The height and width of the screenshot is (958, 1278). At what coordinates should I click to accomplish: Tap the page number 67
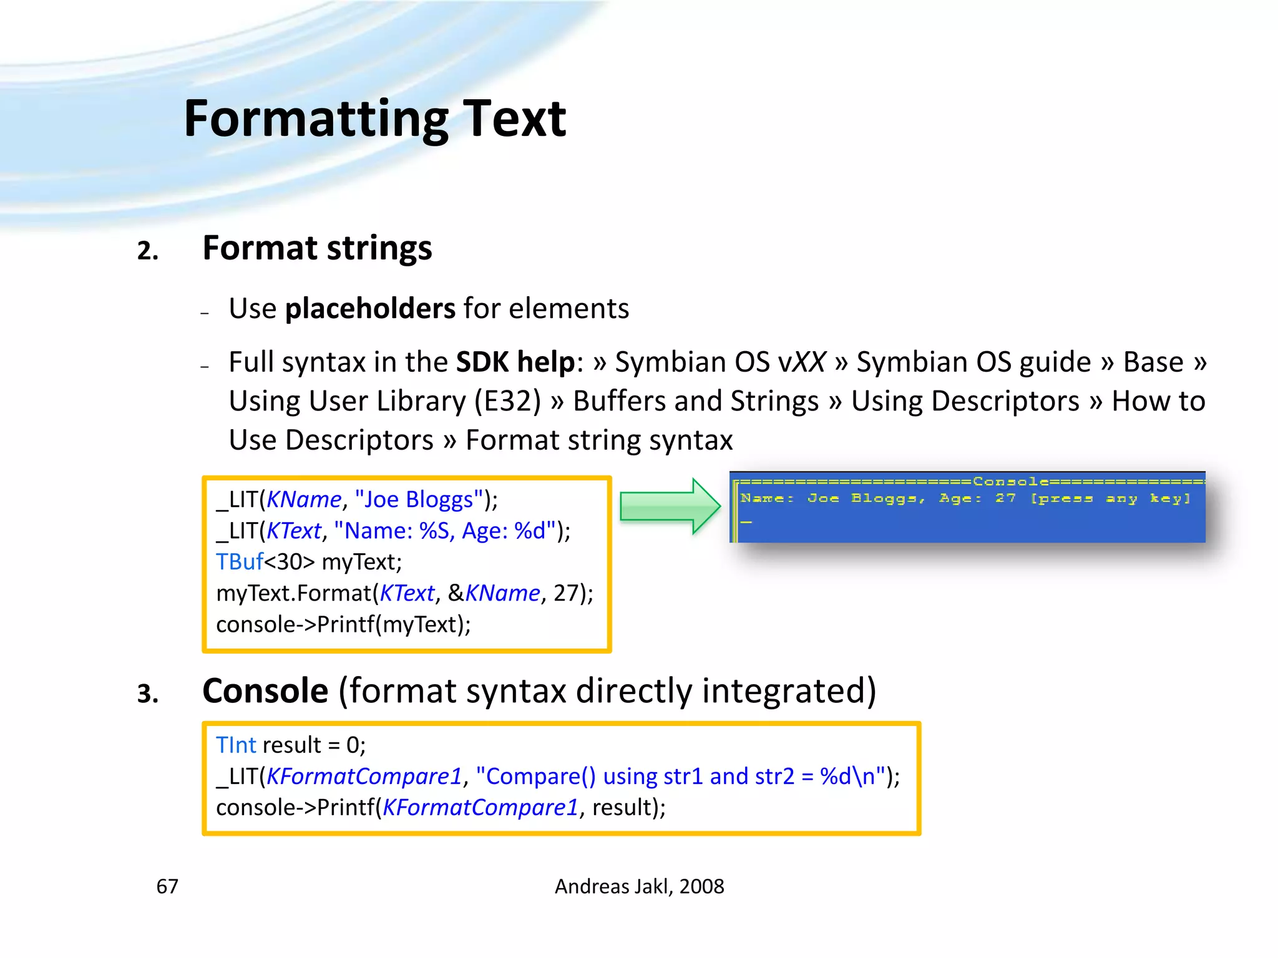tap(167, 886)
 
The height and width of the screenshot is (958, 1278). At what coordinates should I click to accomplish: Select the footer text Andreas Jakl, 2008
tap(639, 886)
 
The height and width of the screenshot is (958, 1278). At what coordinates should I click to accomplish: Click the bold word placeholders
tap(370, 309)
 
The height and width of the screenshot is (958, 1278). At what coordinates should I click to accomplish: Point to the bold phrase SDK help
tap(515, 362)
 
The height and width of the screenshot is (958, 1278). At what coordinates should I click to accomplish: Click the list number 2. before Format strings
tap(148, 251)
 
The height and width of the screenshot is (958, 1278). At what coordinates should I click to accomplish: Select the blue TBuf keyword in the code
tap(240, 562)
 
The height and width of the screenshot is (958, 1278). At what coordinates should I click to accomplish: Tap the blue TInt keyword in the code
tap(236, 745)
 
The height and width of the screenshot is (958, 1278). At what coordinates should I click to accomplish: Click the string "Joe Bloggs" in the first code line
tap(419, 500)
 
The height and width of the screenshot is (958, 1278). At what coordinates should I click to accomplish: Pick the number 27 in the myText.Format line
tap(566, 593)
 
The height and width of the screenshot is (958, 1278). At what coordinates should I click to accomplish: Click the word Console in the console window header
tap(1010, 481)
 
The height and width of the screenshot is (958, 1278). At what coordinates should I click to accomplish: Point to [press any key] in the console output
tap(1110, 498)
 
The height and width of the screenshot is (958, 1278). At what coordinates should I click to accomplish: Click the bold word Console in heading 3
tap(265, 691)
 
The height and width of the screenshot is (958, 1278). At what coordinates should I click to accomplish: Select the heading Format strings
tap(317, 248)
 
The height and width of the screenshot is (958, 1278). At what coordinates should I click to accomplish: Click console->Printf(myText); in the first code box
tap(343, 624)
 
